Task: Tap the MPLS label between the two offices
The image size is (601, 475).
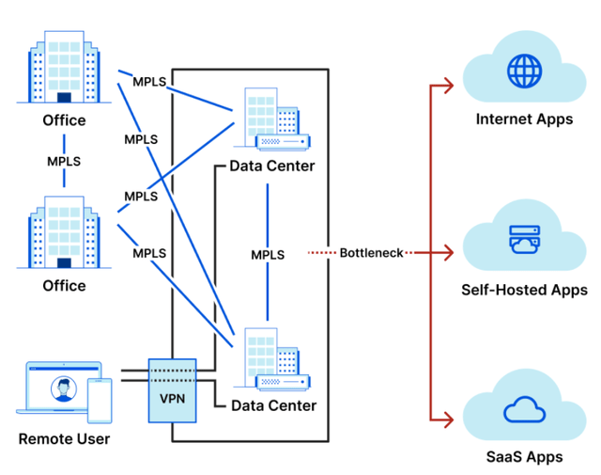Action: pyautogui.click(x=64, y=161)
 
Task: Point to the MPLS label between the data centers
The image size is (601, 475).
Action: pyautogui.click(x=269, y=255)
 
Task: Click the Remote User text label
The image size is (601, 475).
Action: pyautogui.click(x=64, y=439)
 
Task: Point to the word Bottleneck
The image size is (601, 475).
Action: pyautogui.click(x=371, y=253)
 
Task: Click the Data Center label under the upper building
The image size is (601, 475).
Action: pyautogui.click(x=272, y=166)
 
